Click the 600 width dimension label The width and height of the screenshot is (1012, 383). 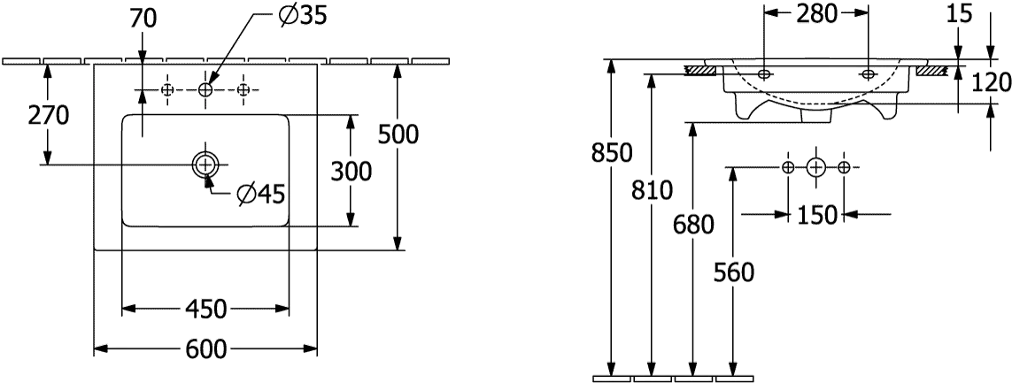coord(206,349)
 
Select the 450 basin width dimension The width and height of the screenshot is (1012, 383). coord(206,310)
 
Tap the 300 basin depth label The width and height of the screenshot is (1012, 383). coord(351,172)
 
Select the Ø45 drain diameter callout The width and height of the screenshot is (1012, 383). coord(260,194)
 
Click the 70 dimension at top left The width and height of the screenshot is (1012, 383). coord(143,19)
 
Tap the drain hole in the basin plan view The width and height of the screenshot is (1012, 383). coord(205,165)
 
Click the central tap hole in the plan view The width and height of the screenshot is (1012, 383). coord(205,90)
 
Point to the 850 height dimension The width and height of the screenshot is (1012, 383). coord(613,153)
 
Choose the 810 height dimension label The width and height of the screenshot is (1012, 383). coord(652,190)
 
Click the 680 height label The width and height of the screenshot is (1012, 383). coord(693,225)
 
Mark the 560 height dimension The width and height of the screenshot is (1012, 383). coord(733,273)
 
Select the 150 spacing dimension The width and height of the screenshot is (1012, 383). coord(816,215)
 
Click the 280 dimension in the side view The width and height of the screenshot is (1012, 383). coord(815,12)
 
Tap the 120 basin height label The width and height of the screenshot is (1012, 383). coord(990,82)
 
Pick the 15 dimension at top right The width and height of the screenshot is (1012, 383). coord(959,13)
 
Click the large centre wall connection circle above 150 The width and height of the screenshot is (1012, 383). coord(816,168)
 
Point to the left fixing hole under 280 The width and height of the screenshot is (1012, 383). coord(764,73)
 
